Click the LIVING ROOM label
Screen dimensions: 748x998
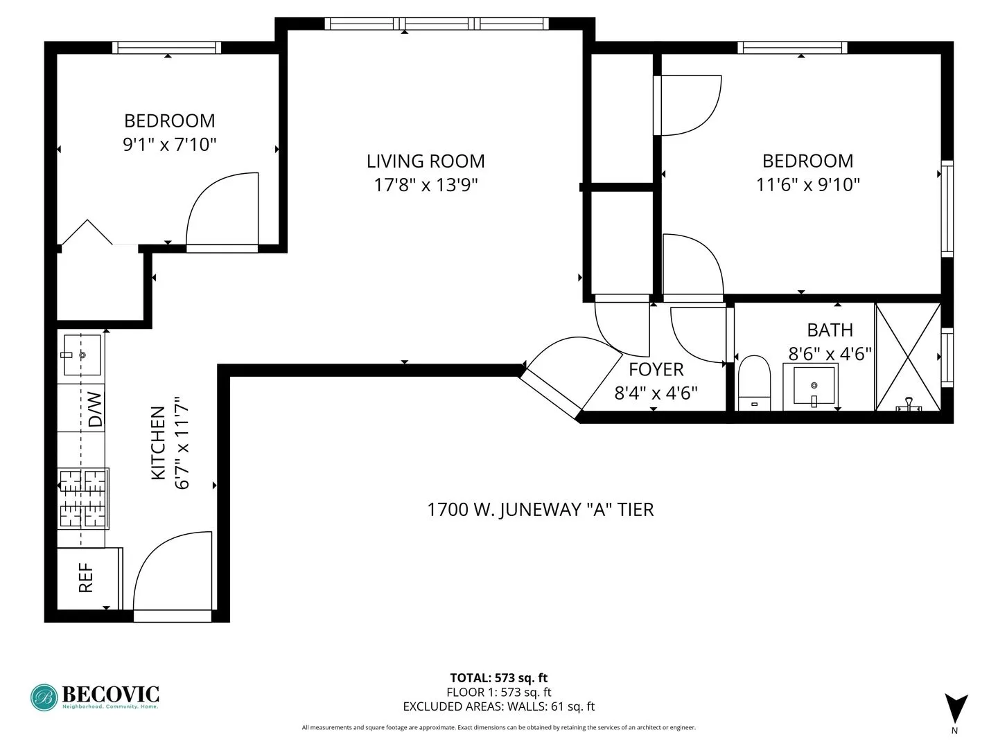coord(426,161)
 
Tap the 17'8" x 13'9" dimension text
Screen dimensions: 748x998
coord(426,185)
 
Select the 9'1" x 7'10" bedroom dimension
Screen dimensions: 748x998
coord(169,145)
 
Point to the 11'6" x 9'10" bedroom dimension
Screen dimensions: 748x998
coord(807,185)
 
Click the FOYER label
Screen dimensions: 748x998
coord(656,369)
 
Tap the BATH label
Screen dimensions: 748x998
coord(830,330)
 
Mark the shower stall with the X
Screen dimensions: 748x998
coord(908,357)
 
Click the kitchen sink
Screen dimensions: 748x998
coord(82,355)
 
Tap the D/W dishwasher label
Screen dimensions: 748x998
coord(95,409)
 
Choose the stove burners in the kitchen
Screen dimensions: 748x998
coord(82,498)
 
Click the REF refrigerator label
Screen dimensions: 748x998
coord(86,578)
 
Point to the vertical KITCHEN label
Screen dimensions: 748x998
coord(158,443)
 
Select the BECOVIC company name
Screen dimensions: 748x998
coord(110,693)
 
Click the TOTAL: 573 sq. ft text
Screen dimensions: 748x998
coord(498,678)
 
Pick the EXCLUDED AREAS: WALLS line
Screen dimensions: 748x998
coord(498,706)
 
